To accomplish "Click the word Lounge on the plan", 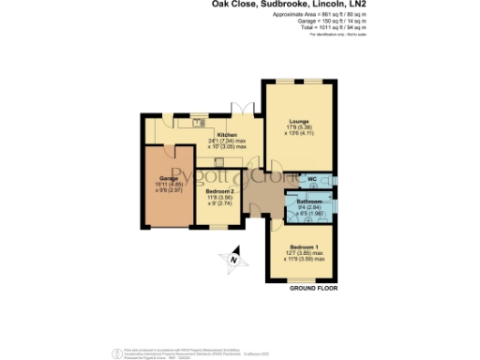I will coord(297,122).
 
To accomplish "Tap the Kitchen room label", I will coord(228,135).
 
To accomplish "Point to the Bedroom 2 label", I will coord(221,190).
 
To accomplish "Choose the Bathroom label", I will coord(309,202).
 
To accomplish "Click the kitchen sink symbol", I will coord(199,122).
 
